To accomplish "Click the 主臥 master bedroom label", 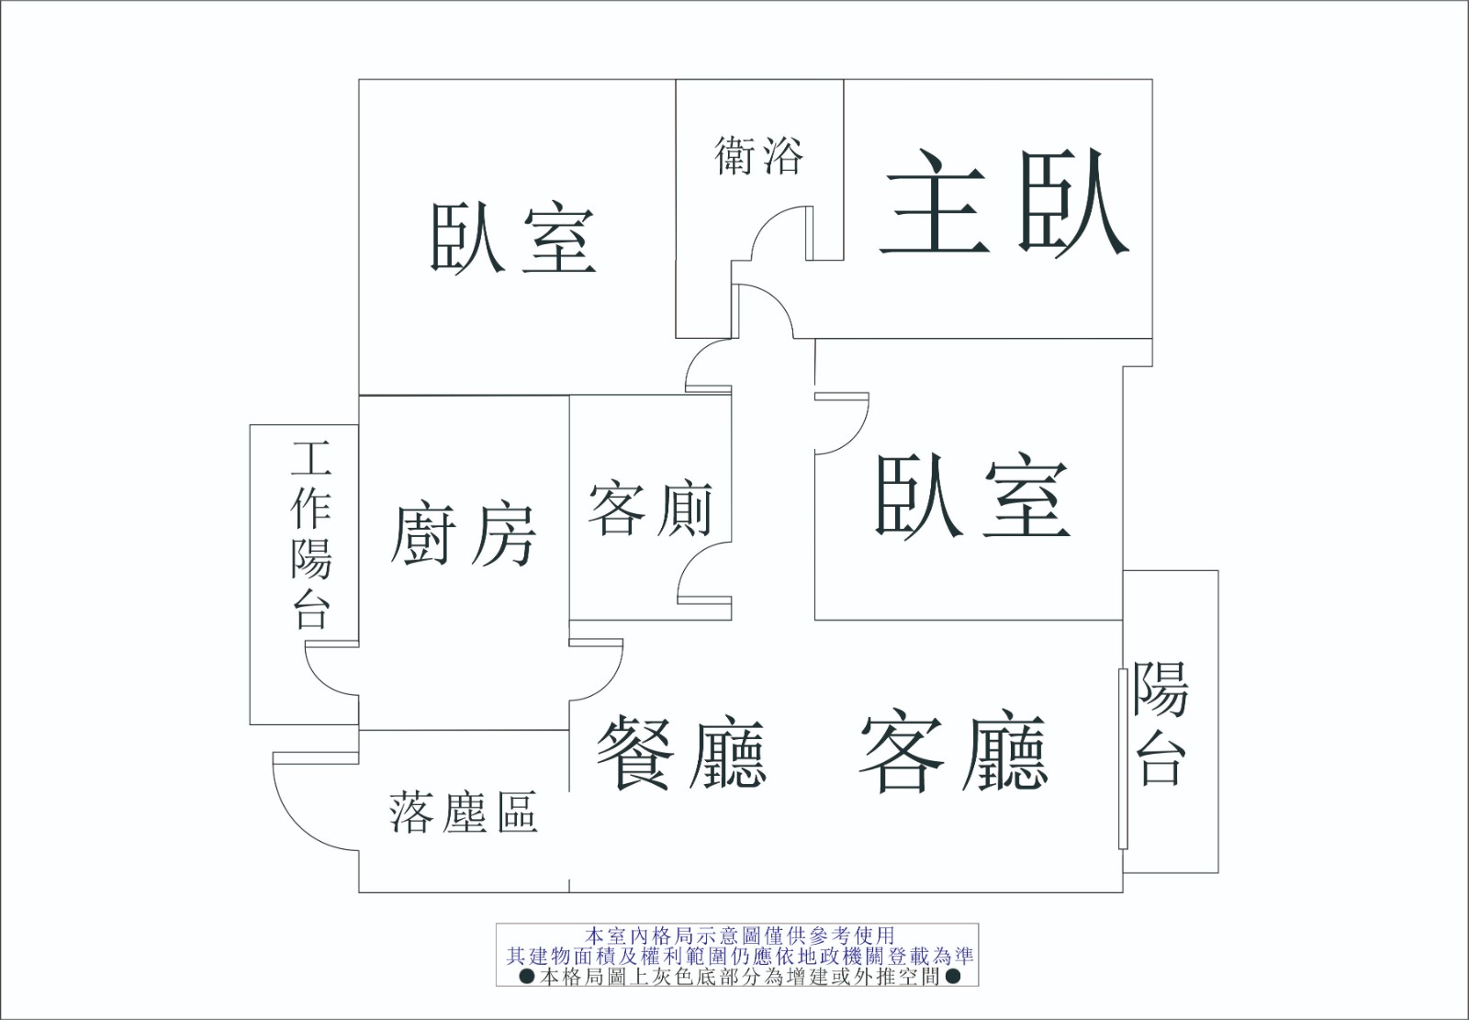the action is pyautogui.click(x=1004, y=203).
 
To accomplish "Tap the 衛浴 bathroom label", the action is pyautogui.click(x=758, y=156).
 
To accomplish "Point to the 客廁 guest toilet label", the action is pyautogui.click(x=650, y=510).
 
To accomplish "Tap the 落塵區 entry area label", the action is pyautogui.click(x=464, y=813).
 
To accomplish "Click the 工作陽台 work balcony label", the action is pyautogui.click(x=311, y=534).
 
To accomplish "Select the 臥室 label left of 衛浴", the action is pyautogui.click(x=512, y=237).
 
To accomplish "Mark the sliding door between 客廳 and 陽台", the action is pyautogui.click(x=1123, y=759).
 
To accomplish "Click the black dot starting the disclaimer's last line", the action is pyautogui.click(x=527, y=977).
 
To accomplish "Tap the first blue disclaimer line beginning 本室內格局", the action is pyautogui.click(x=740, y=935).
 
